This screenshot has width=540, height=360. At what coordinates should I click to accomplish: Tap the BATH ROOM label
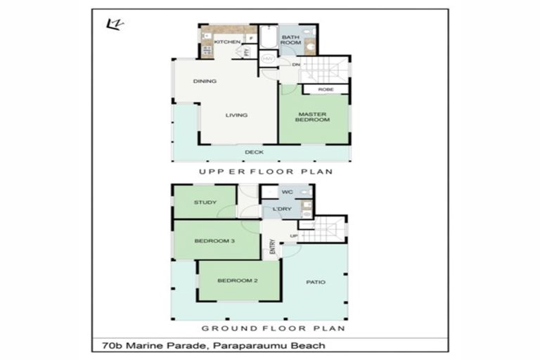point(291,39)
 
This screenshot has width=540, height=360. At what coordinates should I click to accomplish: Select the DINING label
point(205,81)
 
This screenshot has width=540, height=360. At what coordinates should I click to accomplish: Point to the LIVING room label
point(236,115)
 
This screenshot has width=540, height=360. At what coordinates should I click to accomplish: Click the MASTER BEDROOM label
point(314,117)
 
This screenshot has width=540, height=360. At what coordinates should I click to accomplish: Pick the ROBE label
point(326,89)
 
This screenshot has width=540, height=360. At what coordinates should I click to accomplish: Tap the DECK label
point(254,152)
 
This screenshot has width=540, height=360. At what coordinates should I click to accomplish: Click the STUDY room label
point(205,203)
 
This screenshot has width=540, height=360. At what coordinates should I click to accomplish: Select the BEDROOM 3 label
point(214,241)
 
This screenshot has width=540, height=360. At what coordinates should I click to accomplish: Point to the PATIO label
point(316,282)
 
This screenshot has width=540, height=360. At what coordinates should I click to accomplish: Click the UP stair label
point(294,236)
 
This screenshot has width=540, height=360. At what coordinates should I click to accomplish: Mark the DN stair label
point(296,65)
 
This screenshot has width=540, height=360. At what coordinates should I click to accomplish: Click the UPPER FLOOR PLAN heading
point(265,172)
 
